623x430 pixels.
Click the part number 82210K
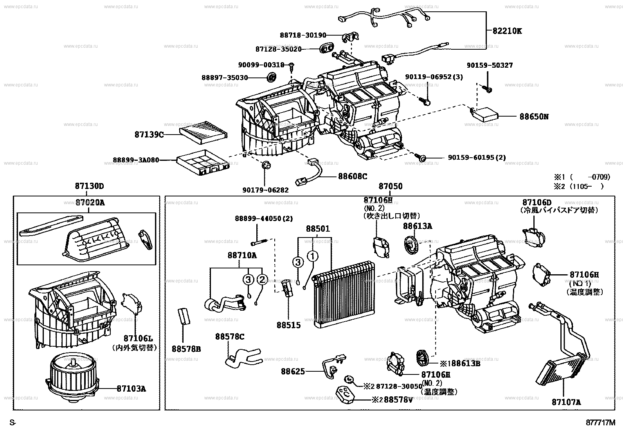(x=507, y=31)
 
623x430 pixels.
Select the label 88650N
(x=534, y=117)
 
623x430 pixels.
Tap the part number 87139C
(x=149, y=135)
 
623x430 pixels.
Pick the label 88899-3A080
(x=136, y=160)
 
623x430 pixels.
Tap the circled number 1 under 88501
(x=313, y=257)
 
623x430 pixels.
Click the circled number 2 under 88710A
(x=262, y=279)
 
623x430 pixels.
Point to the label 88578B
(x=186, y=349)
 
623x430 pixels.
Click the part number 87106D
(x=537, y=202)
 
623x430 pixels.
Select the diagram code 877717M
(x=600, y=422)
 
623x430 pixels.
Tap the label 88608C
(x=353, y=176)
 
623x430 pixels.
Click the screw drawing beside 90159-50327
(x=489, y=90)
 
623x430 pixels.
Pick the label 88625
(x=292, y=371)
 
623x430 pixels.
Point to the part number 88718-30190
(x=303, y=35)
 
